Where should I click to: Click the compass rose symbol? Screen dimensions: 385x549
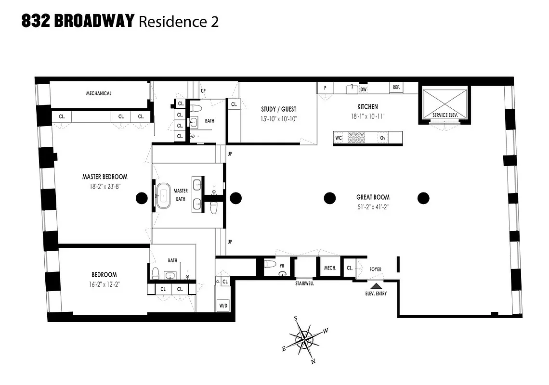(304, 340)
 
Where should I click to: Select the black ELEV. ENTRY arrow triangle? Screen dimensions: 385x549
(376, 286)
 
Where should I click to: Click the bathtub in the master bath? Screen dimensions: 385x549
(164, 195)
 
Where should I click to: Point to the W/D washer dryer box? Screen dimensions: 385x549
(223, 306)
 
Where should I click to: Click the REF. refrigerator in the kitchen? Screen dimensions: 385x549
(396, 88)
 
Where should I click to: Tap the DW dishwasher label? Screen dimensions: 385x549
(364, 89)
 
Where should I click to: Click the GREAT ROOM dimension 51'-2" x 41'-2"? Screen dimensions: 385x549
(373, 207)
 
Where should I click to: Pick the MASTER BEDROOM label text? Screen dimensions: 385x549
(105, 177)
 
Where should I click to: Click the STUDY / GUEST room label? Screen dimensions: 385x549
(279, 109)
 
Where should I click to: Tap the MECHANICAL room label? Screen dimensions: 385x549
(99, 93)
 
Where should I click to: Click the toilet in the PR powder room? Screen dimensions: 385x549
(271, 264)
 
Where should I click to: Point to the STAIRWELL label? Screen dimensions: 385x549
(304, 284)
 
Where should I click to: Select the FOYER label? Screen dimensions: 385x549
(375, 269)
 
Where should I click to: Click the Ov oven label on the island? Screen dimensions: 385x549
(383, 138)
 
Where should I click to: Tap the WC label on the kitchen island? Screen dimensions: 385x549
(338, 138)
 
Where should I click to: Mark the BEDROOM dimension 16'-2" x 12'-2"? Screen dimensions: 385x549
(105, 284)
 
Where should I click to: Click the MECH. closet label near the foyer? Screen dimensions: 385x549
(330, 268)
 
